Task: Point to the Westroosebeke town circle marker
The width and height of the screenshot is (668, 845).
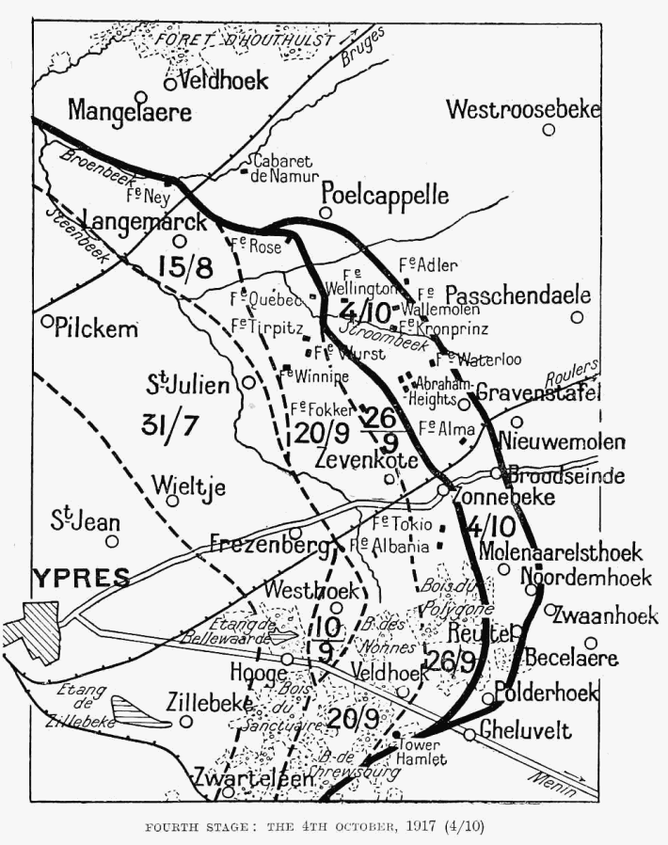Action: click(548, 129)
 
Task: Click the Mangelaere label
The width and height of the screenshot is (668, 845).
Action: click(130, 112)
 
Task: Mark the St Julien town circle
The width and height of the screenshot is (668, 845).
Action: click(248, 382)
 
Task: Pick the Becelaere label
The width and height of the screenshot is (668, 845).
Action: click(571, 658)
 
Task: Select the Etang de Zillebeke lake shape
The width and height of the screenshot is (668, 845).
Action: click(141, 710)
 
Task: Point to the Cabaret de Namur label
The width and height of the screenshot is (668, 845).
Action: click(284, 167)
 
